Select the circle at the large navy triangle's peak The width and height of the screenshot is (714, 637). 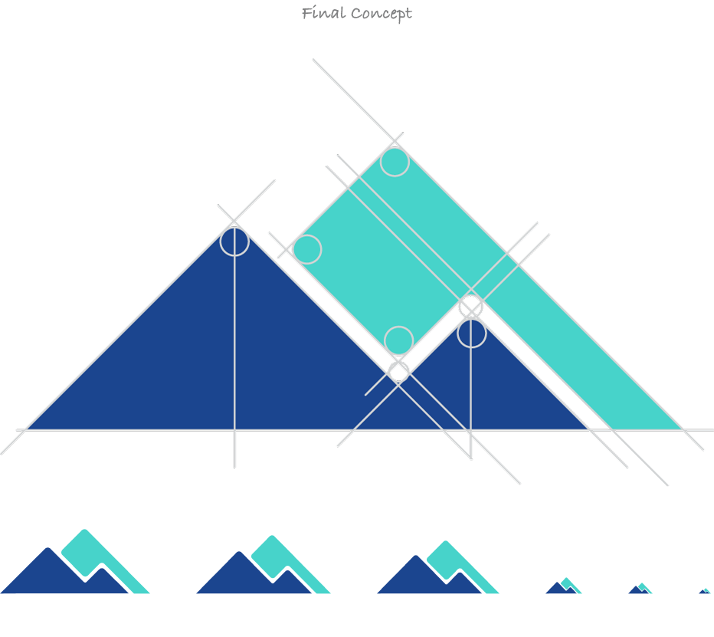click(x=234, y=241)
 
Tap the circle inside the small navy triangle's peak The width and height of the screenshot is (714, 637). click(x=472, y=333)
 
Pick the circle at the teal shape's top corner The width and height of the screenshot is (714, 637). click(x=395, y=162)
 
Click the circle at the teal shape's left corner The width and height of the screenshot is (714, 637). click(x=307, y=249)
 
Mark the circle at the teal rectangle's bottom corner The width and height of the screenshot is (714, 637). click(x=399, y=340)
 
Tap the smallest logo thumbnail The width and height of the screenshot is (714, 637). click(x=705, y=591)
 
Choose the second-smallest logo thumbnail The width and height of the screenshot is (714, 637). click(x=640, y=588)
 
